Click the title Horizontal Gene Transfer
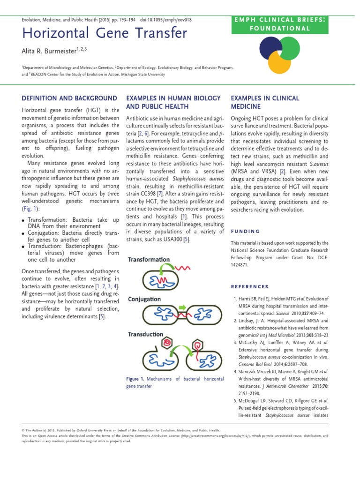click(104, 34)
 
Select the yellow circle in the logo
click(283, 62)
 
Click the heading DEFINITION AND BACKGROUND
click(70, 98)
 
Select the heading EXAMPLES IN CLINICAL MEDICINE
click(265, 102)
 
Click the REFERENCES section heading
click(250, 286)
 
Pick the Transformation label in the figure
click(149, 259)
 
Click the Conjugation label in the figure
click(144, 299)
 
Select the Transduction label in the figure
click(146, 334)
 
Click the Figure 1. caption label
click(135, 379)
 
